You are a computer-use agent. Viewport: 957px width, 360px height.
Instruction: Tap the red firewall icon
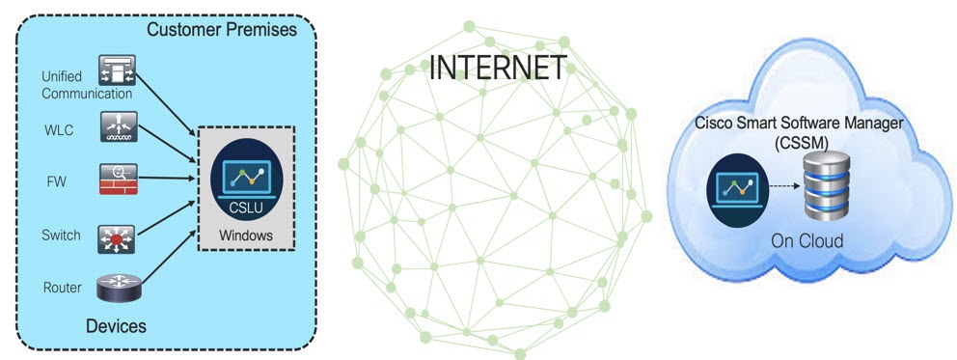pos(119,179)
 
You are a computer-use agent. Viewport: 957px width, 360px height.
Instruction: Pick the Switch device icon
pos(119,237)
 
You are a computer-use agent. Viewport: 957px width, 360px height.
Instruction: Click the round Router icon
pos(119,289)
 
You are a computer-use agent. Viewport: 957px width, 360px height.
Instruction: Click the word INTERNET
pos(497,68)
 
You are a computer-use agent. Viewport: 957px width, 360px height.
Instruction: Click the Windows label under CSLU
pos(246,235)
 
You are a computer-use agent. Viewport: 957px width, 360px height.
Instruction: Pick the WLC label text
pos(56,129)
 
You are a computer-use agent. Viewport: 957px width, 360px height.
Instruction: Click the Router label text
pos(62,289)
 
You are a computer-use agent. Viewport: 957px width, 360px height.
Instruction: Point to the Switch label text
pos(62,235)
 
